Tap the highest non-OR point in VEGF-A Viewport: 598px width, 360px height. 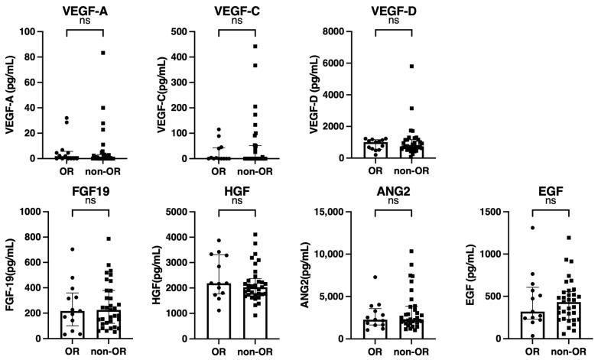[x=103, y=53]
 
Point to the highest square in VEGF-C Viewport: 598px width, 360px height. [x=255, y=47]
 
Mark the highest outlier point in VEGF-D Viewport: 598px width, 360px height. [x=411, y=66]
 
